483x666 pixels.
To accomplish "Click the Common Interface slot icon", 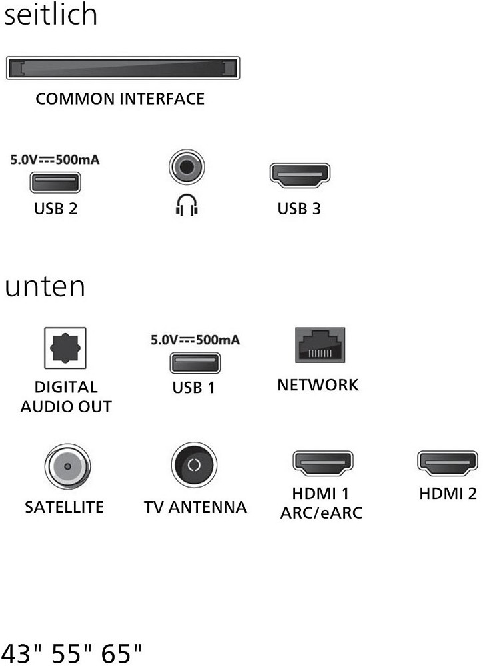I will [x=123, y=69].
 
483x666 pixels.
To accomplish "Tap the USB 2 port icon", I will [x=55, y=182].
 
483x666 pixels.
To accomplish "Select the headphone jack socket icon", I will [x=186, y=166].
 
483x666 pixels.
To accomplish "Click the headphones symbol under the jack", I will [x=187, y=207].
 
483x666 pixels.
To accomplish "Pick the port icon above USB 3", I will [x=299, y=175].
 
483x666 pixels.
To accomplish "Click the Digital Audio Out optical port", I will [x=65, y=348].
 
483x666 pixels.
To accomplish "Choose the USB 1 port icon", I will [x=195, y=363].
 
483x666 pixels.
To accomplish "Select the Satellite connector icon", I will [x=67, y=466].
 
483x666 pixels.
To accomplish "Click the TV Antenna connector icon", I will [x=194, y=464].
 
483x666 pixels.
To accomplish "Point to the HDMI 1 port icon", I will [x=323, y=462].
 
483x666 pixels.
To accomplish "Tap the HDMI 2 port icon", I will [x=447, y=462].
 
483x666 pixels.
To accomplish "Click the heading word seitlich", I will [x=51, y=15].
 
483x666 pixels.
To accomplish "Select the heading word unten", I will [x=45, y=287].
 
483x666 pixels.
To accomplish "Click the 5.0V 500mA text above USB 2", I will [x=58, y=160].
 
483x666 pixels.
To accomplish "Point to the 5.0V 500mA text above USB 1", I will [x=195, y=340].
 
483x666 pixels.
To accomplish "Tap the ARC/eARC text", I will [x=321, y=513].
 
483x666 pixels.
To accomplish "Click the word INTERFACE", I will [x=162, y=99].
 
